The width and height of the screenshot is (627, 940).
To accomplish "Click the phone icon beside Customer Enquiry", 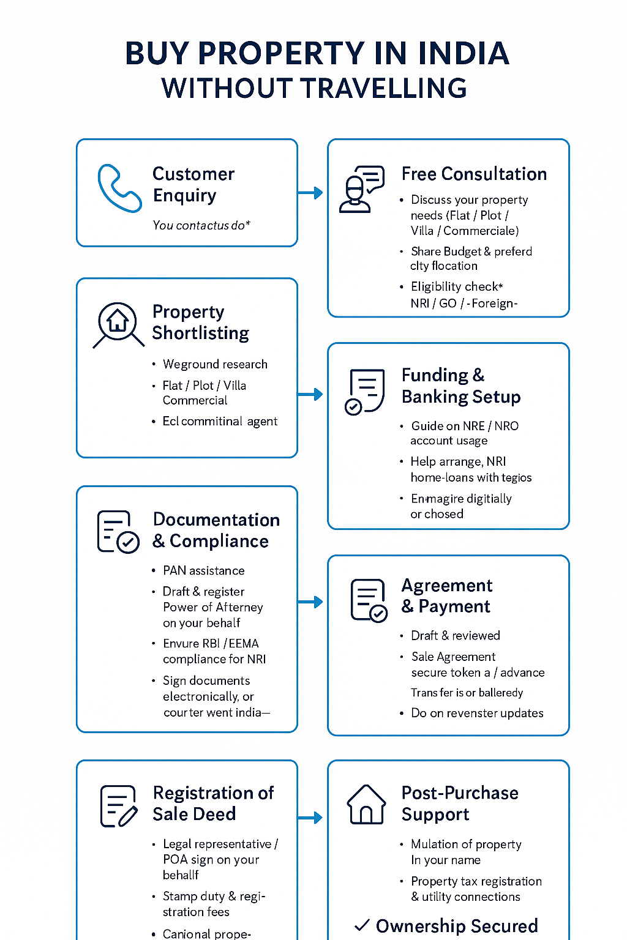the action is click(119, 188).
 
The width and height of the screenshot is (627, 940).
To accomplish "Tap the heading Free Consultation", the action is click(474, 174).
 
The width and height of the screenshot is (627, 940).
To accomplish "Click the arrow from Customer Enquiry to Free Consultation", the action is click(310, 193).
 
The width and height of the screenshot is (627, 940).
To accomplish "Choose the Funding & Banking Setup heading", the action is click(461, 386).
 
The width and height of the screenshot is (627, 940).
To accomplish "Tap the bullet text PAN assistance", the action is click(203, 570).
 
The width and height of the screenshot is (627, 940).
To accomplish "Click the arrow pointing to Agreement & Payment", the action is click(310, 602).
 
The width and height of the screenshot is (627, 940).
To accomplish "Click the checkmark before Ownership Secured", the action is click(362, 925).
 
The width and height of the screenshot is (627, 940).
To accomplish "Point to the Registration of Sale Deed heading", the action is click(213, 804).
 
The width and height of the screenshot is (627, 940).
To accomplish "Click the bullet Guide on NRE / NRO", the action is click(465, 426).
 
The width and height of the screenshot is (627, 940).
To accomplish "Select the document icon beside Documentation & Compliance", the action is click(118, 532).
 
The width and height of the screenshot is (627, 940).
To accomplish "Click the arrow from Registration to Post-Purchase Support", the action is click(310, 818).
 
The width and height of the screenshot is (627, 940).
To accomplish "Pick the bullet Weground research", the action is click(215, 364).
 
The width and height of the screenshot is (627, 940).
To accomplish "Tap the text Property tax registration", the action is click(476, 881).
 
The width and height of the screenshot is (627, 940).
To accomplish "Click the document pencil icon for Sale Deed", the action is click(118, 806).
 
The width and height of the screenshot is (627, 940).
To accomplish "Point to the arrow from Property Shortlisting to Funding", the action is click(310, 394).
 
